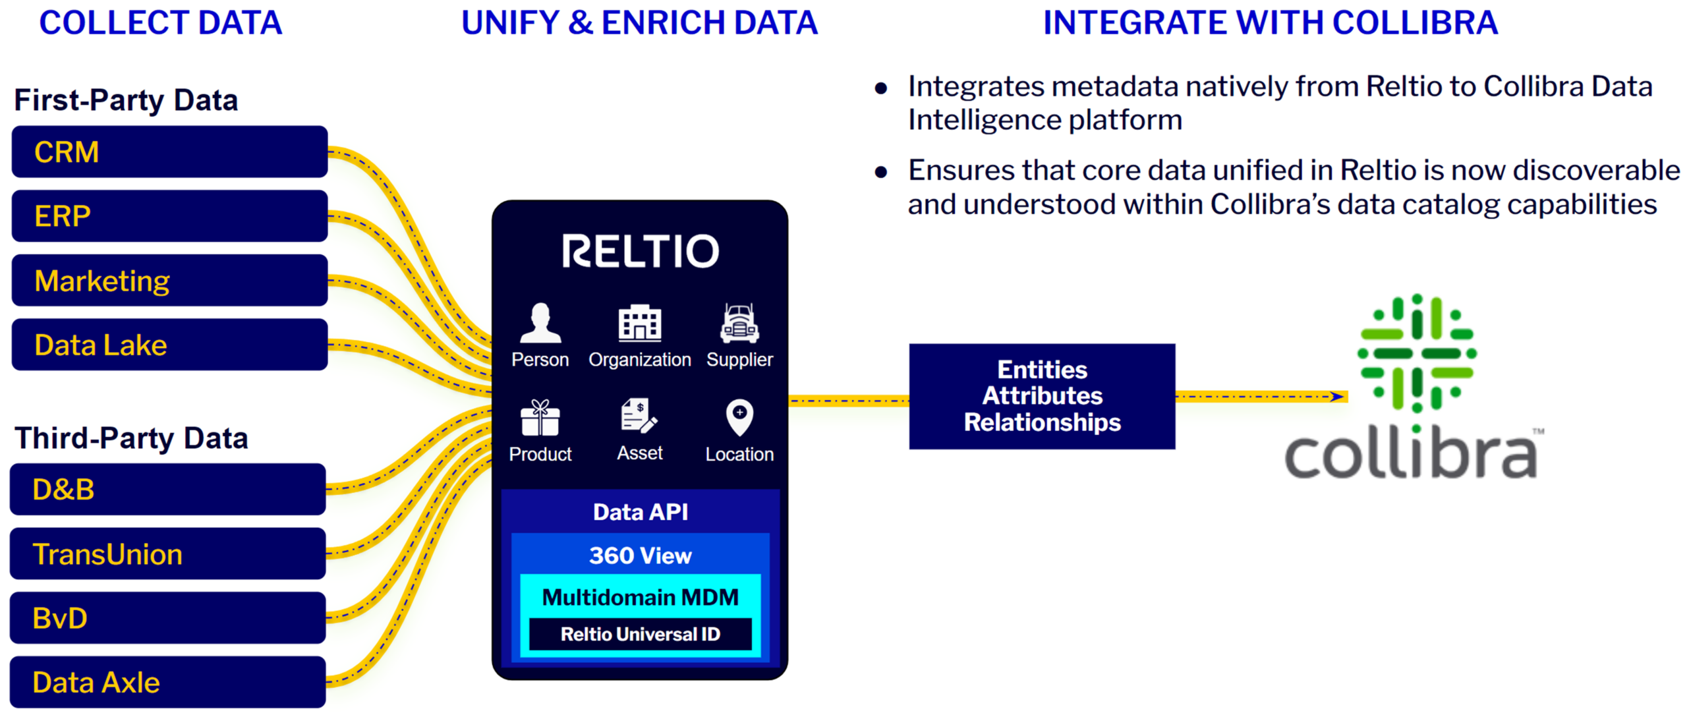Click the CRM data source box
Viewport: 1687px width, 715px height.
[x=169, y=152]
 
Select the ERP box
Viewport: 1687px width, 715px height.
[x=169, y=216]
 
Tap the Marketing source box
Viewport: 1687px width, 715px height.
[x=169, y=281]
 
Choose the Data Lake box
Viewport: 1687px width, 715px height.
[x=169, y=345]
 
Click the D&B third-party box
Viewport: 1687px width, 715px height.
[x=167, y=490]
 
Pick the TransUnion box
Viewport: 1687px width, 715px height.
[x=167, y=554]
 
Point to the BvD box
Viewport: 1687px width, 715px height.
[x=167, y=618]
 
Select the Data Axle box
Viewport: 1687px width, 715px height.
[x=167, y=682]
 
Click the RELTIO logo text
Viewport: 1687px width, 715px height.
[x=640, y=251]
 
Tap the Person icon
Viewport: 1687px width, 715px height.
[x=540, y=323]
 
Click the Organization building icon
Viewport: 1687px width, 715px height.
[x=639, y=323]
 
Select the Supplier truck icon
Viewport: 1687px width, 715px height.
[x=739, y=323]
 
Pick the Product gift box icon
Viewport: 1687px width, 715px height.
[x=540, y=418]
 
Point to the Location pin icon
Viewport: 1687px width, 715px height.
[x=739, y=417]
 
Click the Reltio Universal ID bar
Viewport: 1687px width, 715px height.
[x=640, y=634]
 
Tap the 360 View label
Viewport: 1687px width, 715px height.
[x=640, y=556]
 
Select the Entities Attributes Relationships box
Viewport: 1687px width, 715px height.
[x=1041, y=396]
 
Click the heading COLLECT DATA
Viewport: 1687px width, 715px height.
[x=160, y=23]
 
